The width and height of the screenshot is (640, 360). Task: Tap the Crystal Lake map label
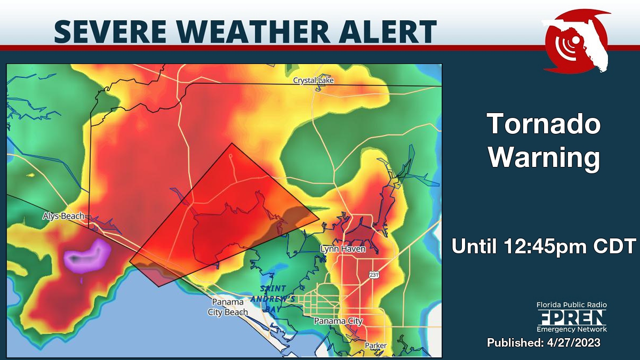pyautogui.click(x=316, y=81)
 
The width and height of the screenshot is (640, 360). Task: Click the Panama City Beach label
pyautogui.click(x=228, y=307)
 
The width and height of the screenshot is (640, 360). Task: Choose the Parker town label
pyautogui.click(x=375, y=346)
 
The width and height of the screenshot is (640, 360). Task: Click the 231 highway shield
pyautogui.click(x=374, y=275)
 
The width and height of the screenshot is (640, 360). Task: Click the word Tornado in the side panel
pyautogui.click(x=544, y=125)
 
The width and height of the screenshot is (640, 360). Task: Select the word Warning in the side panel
pyautogui.click(x=544, y=158)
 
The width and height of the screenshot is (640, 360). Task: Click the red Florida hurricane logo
pyautogui.click(x=576, y=41)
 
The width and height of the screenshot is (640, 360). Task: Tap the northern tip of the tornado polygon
pyautogui.click(x=231, y=143)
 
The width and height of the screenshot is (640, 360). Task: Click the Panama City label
pyautogui.click(x=338, y=321)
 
